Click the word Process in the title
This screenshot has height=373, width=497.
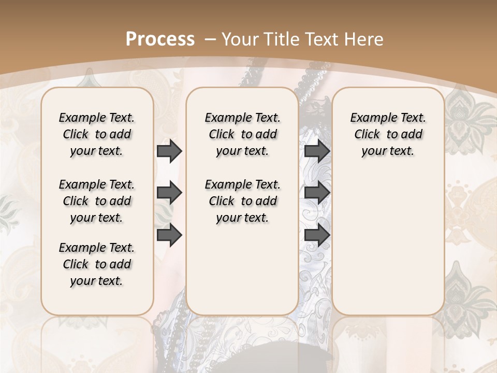[x=160, y=39]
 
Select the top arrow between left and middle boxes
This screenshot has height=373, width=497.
[x=169, y=151]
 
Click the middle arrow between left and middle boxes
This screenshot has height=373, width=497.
[x=169, y=193]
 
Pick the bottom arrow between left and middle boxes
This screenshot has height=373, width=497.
[x=169, y=235]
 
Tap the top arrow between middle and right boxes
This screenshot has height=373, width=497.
[x=317, y=151]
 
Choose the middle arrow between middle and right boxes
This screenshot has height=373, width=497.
[x=317, y=193]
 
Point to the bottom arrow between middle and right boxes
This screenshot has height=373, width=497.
[x=317, y=235]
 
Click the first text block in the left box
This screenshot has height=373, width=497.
[x=97, y=134]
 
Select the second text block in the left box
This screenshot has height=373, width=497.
[x=97, y=201]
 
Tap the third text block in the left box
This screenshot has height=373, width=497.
[x=97, y=264]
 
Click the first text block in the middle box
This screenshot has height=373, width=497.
[x=242, y=134]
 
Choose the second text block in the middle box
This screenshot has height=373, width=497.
[x=242, y=201]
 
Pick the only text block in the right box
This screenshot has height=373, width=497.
[x=388, y=134]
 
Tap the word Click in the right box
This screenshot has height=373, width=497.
[x=367, y=134]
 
